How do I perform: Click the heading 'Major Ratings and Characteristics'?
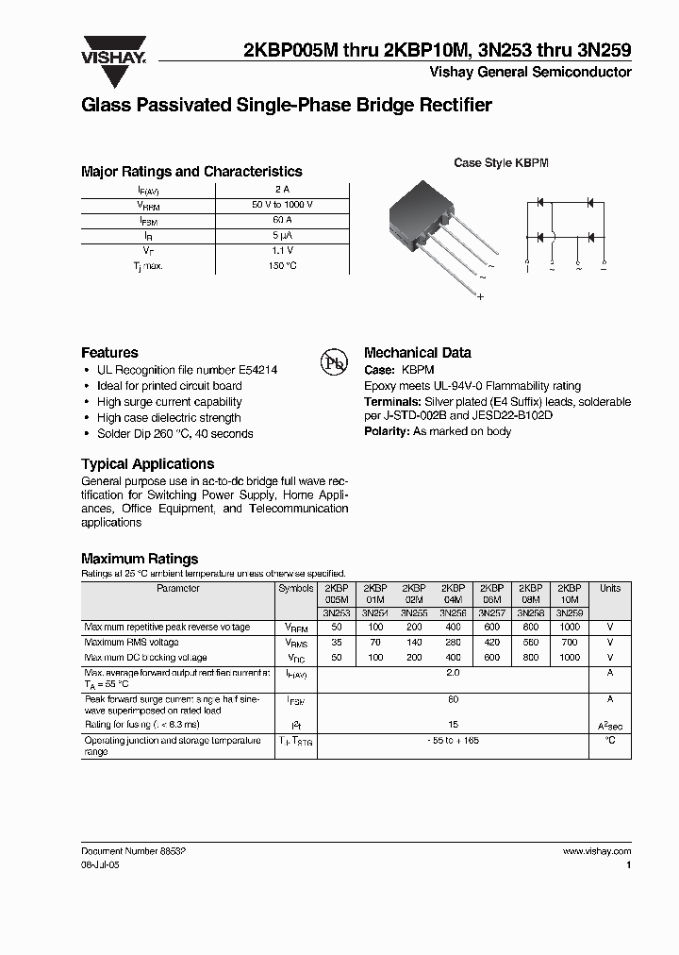pos(191,172)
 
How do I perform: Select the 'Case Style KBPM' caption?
pos(501,163)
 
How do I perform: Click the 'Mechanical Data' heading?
pos(417,353)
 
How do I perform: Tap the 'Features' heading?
pos(109,353)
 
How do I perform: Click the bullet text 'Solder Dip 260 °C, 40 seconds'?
pos(174,434)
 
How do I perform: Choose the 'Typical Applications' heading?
pos(147,464)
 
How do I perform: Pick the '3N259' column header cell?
pos(570,612)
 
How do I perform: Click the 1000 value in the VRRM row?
pos(570,628)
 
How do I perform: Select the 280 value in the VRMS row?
pos(453,643)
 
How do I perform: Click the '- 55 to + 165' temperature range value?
pos(453,741)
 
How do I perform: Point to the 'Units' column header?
pos(610,589)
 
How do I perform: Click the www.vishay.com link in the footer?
pos(596,851)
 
